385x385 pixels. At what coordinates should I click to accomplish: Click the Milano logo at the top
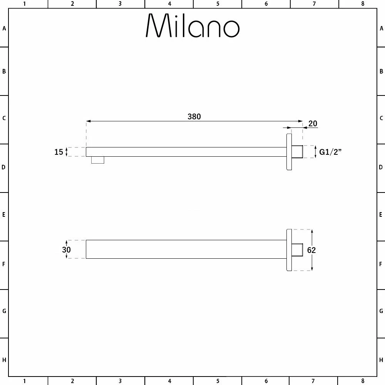[192, 26]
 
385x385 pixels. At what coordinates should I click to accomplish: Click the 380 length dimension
[194, 116]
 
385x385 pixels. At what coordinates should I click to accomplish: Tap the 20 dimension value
[313, 124]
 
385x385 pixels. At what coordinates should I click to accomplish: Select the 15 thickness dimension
[59, 152]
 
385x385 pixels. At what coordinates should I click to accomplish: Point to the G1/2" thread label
[331, 152]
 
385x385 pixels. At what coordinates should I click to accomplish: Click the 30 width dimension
[66, 249]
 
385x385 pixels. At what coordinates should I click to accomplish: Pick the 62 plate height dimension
[311, 250]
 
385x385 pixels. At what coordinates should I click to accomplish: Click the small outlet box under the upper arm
[98, 160]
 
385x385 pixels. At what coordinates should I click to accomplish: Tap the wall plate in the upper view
[289, 152]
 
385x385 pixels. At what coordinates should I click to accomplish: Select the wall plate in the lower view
[289, 250]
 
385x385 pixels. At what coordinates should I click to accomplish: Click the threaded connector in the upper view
[297, 152]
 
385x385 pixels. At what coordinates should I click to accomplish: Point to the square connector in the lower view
[297, 250]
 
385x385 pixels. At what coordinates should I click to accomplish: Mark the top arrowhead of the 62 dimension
[312, 231]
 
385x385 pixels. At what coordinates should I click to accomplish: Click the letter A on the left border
[4, 28]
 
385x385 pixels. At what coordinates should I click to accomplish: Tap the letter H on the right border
[381, 360]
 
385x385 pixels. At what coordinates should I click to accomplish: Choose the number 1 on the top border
[24, 4]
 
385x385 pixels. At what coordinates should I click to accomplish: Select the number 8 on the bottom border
[362, 381]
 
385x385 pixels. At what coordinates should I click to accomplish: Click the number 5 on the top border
[218, 4]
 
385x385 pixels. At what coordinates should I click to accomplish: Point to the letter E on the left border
[4, 214]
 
